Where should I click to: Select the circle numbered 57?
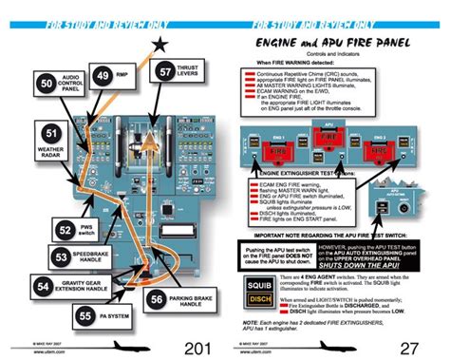tap(166, 71)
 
